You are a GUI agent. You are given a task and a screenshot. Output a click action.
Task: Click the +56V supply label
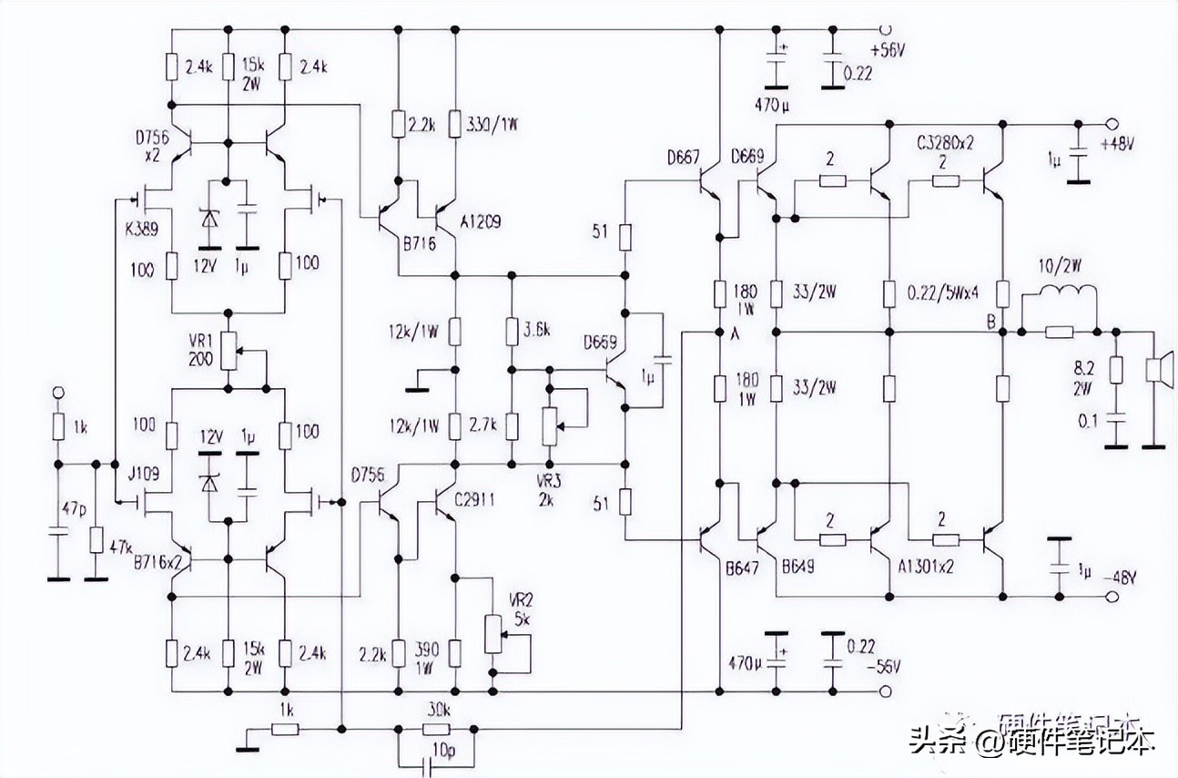pos(889,52)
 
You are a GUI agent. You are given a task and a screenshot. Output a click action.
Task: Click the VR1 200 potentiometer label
pos(200,350)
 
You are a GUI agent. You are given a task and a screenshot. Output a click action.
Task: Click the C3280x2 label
pos(946,144)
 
